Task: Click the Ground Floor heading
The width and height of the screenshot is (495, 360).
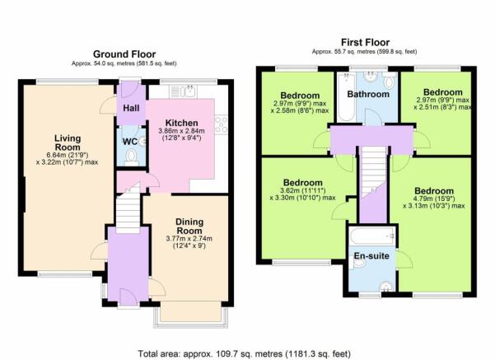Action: point(124,54)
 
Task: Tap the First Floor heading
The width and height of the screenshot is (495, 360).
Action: point(365,42)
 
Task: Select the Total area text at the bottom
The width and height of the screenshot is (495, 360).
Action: point(245,353)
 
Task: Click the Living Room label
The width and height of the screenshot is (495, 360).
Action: point(68,143)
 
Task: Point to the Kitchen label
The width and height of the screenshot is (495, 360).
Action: point(182,123)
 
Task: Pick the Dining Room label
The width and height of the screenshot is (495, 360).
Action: point(189,226)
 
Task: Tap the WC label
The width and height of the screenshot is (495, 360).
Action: point(130,142)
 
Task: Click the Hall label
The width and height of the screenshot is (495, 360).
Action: point(131,108)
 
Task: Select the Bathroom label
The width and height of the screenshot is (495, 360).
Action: point(368,94)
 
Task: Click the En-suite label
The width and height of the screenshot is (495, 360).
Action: point(371,255)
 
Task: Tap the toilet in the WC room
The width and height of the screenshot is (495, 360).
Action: point(131,157)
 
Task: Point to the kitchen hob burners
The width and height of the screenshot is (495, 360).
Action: point(221,124)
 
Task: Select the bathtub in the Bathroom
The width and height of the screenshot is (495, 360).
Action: point(346,97)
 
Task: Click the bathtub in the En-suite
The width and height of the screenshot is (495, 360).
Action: point(372,236)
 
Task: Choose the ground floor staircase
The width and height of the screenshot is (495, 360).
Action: point(128,210)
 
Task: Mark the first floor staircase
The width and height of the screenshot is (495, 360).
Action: point(373,172)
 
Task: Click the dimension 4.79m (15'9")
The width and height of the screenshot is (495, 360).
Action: point(434,199)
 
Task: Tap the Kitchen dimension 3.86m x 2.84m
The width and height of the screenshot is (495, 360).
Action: point(181,131)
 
